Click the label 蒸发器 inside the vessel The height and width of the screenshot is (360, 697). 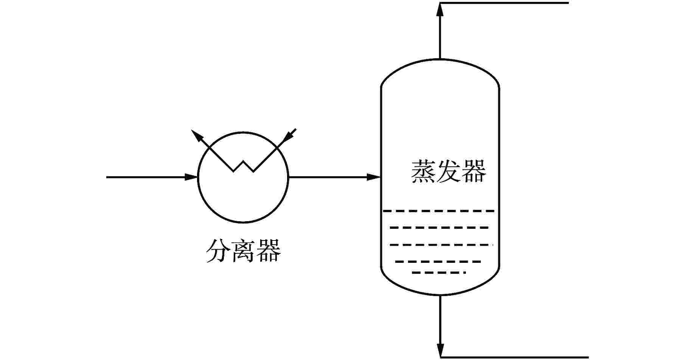click(x=448, y=172)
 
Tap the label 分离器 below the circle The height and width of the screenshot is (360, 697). click(x=243, y=250)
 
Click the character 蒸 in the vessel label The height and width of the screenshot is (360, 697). click(x=423, y=172)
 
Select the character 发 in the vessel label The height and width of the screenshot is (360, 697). click(x=448, y=172)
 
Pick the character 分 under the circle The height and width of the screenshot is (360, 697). click(x=218, y=250)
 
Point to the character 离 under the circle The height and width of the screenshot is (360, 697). click(x=243, y=250)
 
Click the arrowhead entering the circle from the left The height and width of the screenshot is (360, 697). click(x=191, y=177)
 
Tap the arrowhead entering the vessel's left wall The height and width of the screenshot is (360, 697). click(x=373, y=177)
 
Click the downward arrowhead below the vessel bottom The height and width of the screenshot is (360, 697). click(x=440, y=350)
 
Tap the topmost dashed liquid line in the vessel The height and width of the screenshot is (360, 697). click(x=439, y=211)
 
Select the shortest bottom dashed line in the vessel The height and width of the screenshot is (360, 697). click(x=439, y=272)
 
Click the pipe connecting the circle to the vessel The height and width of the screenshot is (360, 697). click(x=329, y=177)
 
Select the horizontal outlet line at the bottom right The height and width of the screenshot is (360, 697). click(x=514, y=357)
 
